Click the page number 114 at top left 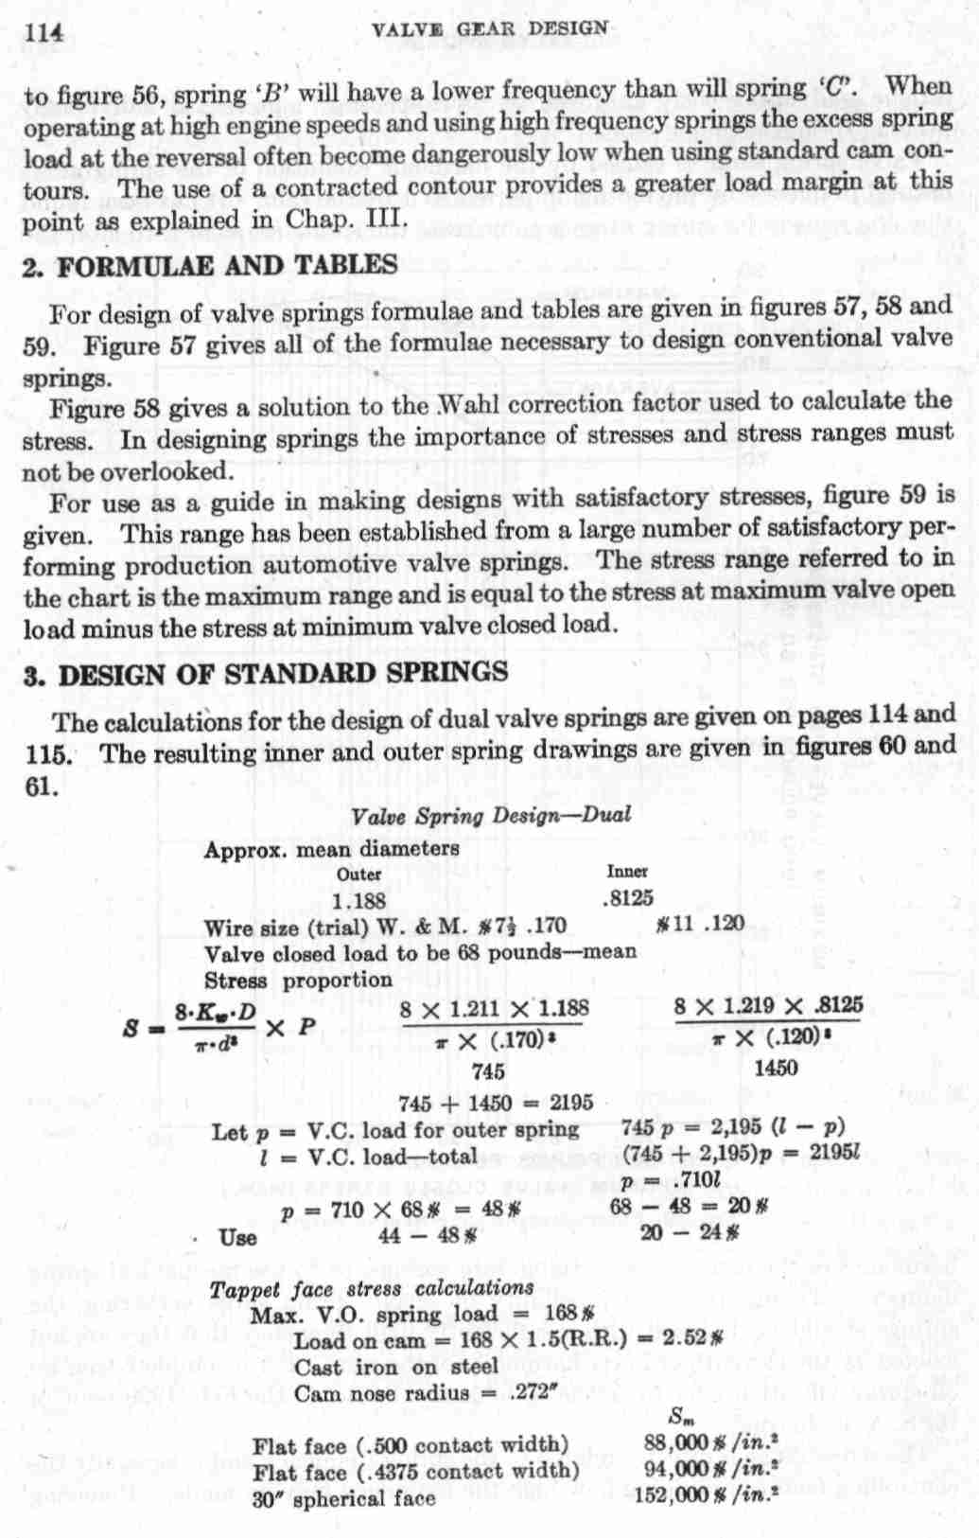tap(46, 30)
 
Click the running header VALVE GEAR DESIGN tap(490, 27)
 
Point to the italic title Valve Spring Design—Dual tap(490, 815)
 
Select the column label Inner tap(627, 871)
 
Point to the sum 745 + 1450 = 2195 tap(496, 1103)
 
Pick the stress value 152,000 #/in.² tap(714, 1498)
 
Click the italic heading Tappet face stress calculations tap(372, 1288)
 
